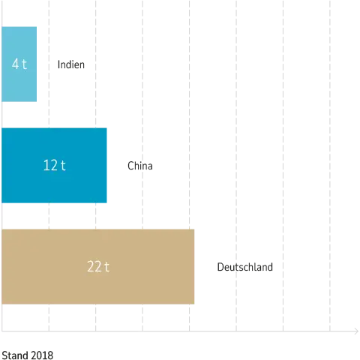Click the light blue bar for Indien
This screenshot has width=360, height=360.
[19, 64]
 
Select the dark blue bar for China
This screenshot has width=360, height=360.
[54, 165]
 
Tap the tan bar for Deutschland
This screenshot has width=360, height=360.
[98, 266]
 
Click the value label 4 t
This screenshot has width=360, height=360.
[19, 64]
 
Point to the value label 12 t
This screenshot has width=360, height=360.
[55, 165]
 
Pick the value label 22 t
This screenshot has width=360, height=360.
[98, 266]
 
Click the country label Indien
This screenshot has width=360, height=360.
[71, 64]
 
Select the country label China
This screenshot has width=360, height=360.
[140, 166]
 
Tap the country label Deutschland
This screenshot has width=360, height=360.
[245, 267]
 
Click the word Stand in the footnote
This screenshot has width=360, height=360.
[16, 355]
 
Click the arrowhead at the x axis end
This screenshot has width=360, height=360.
[357, 331]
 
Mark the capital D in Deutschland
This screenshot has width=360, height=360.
[220, 267]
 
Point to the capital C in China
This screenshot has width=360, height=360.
[130, 166]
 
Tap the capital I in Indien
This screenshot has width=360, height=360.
[58, 64]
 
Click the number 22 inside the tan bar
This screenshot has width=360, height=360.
[94, 266]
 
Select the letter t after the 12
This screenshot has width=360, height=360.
[63, 166]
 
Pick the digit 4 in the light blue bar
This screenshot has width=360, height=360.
[16, 64]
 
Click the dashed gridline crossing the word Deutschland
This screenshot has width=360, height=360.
[236, 166]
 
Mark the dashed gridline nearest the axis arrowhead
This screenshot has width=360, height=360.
[330, 166]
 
